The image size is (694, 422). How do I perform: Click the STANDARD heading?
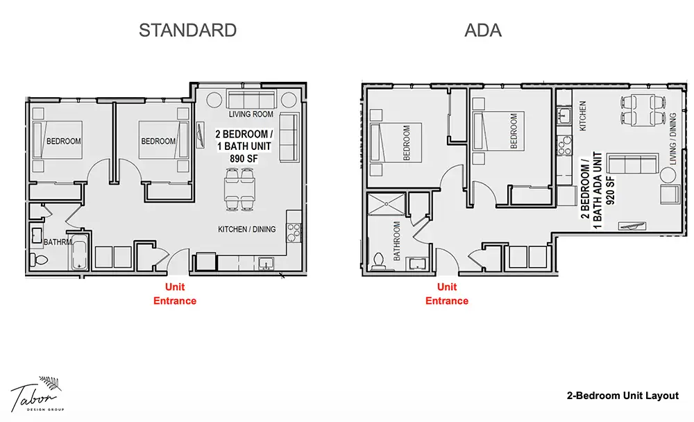187,30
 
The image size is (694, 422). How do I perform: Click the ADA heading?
483,30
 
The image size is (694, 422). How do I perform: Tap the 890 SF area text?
244,158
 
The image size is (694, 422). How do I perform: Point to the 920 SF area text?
610,190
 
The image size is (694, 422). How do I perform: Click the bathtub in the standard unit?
80,254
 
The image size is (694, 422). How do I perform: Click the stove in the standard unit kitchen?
294,232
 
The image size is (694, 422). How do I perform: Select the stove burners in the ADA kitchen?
564,146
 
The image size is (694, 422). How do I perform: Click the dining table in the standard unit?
239,189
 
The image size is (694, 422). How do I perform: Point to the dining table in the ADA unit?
643,110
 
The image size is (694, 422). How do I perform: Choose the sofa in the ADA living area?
633,164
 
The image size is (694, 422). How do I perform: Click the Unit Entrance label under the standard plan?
175,294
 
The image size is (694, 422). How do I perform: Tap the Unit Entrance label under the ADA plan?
446,294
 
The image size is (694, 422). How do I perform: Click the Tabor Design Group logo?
38,394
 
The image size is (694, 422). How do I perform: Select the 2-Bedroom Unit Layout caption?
623,396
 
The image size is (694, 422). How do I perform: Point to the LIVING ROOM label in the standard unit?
251,115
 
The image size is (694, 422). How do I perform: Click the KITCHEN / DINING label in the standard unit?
246,229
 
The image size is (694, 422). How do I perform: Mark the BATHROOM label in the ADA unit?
396,241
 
